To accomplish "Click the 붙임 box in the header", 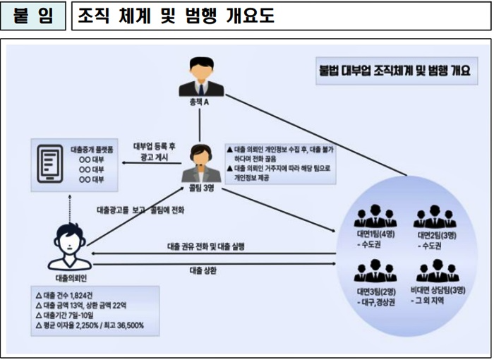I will pyautogui.click(x=35, y=16).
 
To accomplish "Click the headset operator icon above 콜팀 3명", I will pyautogui.click(x=201, y=163).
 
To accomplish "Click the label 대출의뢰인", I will pyautogui.click(x=69, y=277).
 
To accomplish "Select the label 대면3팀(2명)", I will pyautogui.click(x=376, y=291).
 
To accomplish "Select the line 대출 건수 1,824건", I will pyautogui.click(x=72, y=293).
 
